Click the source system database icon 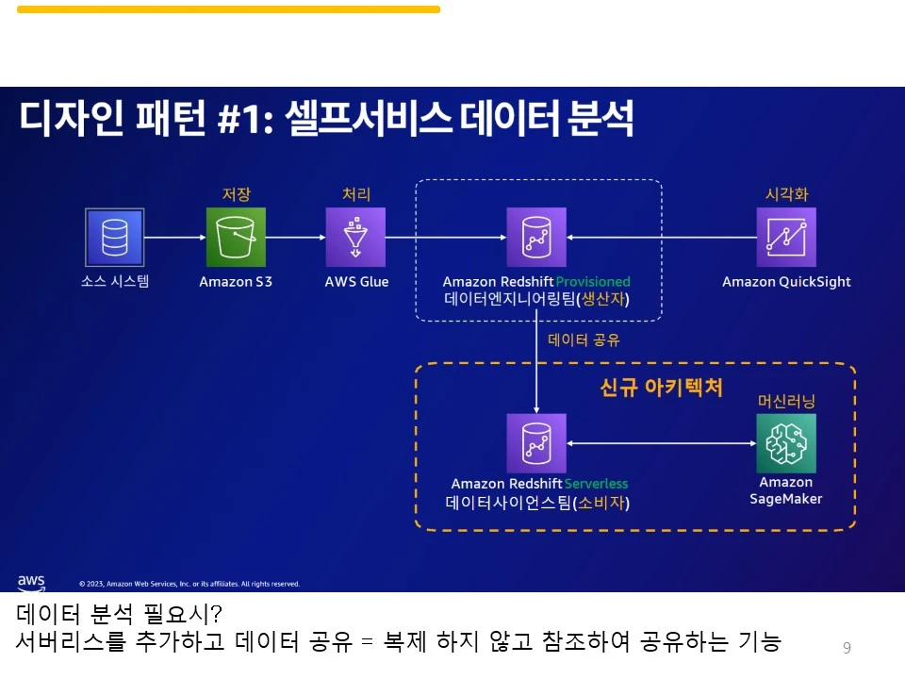[115, 237]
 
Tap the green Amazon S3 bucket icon [236, 237]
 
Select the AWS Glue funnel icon [355, 237]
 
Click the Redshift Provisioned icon [536, 237]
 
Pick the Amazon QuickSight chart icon [786, 237]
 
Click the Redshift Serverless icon [536, 442]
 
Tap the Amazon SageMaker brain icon [786, 442]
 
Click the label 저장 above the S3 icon [236, 194]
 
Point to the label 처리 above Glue [355, 194]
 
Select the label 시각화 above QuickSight [786, 194]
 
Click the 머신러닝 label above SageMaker [786, 401]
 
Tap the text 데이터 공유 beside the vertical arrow [584, 339]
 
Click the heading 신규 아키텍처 [661, 388]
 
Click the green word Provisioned [593, 281]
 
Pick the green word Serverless [596, 484]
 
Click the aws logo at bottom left [31, 582]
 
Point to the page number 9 [847, 647]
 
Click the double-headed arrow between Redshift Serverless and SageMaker [662, 442]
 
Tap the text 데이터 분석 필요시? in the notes [119, 615]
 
